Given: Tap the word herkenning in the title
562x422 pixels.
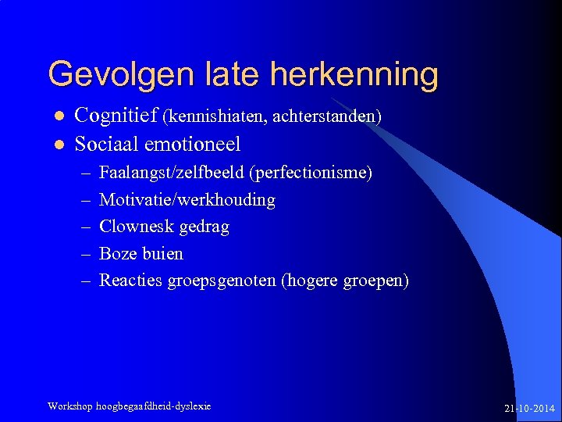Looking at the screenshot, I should pyautogui.click(x=354, y=75).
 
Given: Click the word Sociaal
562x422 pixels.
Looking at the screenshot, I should pyautogui.click(x=106, y=145).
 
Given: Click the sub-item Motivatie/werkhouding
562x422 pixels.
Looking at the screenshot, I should pyautogui.click(x=187, y=200).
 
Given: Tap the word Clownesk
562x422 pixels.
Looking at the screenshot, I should pyautogui.click(x=136, y=227).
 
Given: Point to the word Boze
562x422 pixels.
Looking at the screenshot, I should pyautogui.click(x=119, y=254).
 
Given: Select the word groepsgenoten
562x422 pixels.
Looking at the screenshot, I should pyautogui.click(x=222, y=281).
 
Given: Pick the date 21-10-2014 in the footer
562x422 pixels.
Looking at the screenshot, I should pyautogui.click(x=530, y=409).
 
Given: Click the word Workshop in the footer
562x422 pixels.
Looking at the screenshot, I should pyautogui.click(x=70, y=406).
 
